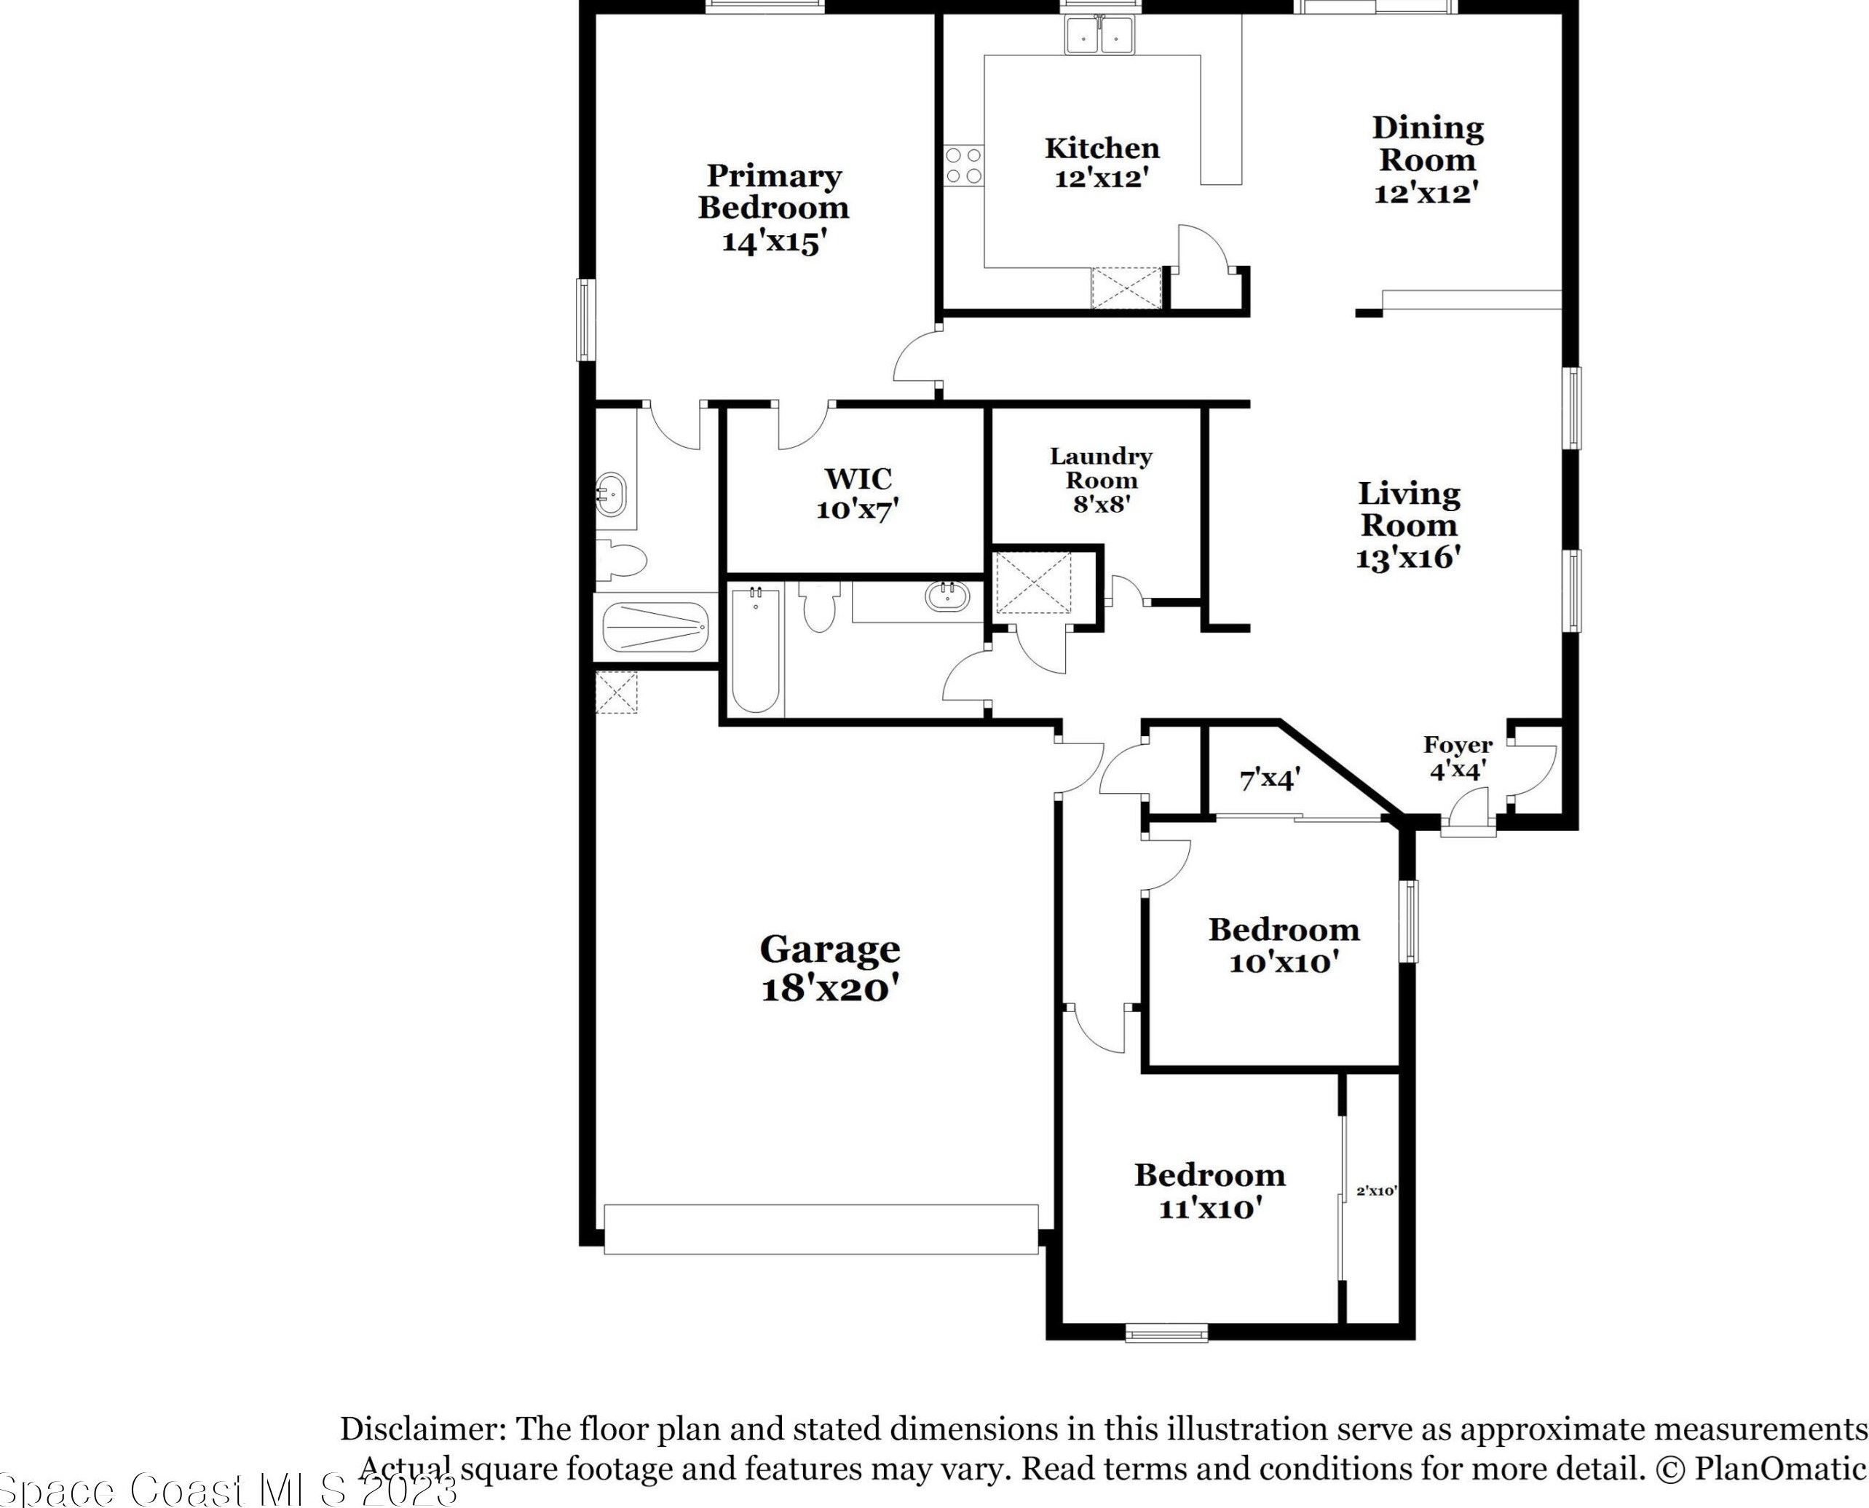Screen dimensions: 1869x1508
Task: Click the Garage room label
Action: pyautogui.click(x=829, y=950)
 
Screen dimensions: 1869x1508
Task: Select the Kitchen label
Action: pyautogui.click(x=1102, y=148)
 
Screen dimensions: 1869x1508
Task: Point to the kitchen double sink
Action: pyautogui.click(x=1100, y=37)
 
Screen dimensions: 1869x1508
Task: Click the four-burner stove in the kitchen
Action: pyautogui.click(x=964, y=165)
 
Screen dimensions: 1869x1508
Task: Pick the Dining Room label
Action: pyautogui.click(x=1427, y=143)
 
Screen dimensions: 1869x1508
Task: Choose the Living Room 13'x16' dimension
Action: pyautogui.click(x=1408, y=558)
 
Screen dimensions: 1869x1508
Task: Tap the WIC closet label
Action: pyautogui.click(x=858, y=478)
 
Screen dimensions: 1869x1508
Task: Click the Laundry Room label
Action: pyautogui.click(x=1100, y=468)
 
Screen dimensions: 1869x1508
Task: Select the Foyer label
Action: pyautogui.click(x=1458, y=744)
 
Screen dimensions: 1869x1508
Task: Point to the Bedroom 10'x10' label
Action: pyautogui.click(x=1283, y=946)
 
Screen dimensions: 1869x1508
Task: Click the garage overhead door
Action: pyautogui.click(x=821, y=1228)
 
